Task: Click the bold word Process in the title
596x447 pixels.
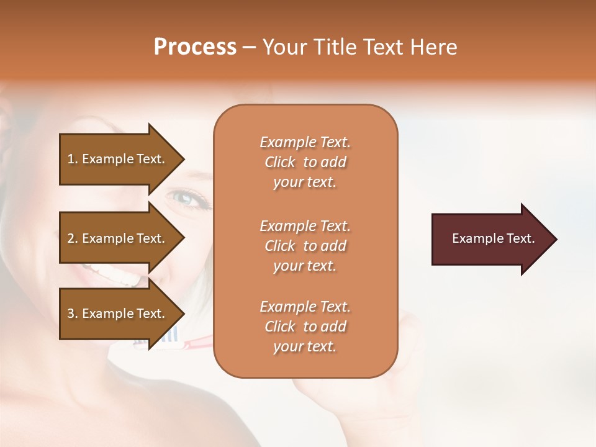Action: click(195, 47)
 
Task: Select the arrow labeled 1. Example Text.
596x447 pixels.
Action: click(118, 160)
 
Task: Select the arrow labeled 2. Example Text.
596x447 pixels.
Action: click(118, 239)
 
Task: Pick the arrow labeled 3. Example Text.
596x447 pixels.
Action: click(118, 314)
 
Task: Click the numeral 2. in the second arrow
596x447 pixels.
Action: click(73, 239)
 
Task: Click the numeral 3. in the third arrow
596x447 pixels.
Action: click(73, 314)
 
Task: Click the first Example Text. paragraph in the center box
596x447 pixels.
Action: click(305, 162)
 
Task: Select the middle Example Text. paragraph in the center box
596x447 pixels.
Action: click(305, 246)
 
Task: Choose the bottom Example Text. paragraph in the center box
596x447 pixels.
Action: click(305, 327)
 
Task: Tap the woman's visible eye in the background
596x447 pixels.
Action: click(186, 197)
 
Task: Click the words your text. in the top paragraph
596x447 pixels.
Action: click(305, 183)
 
